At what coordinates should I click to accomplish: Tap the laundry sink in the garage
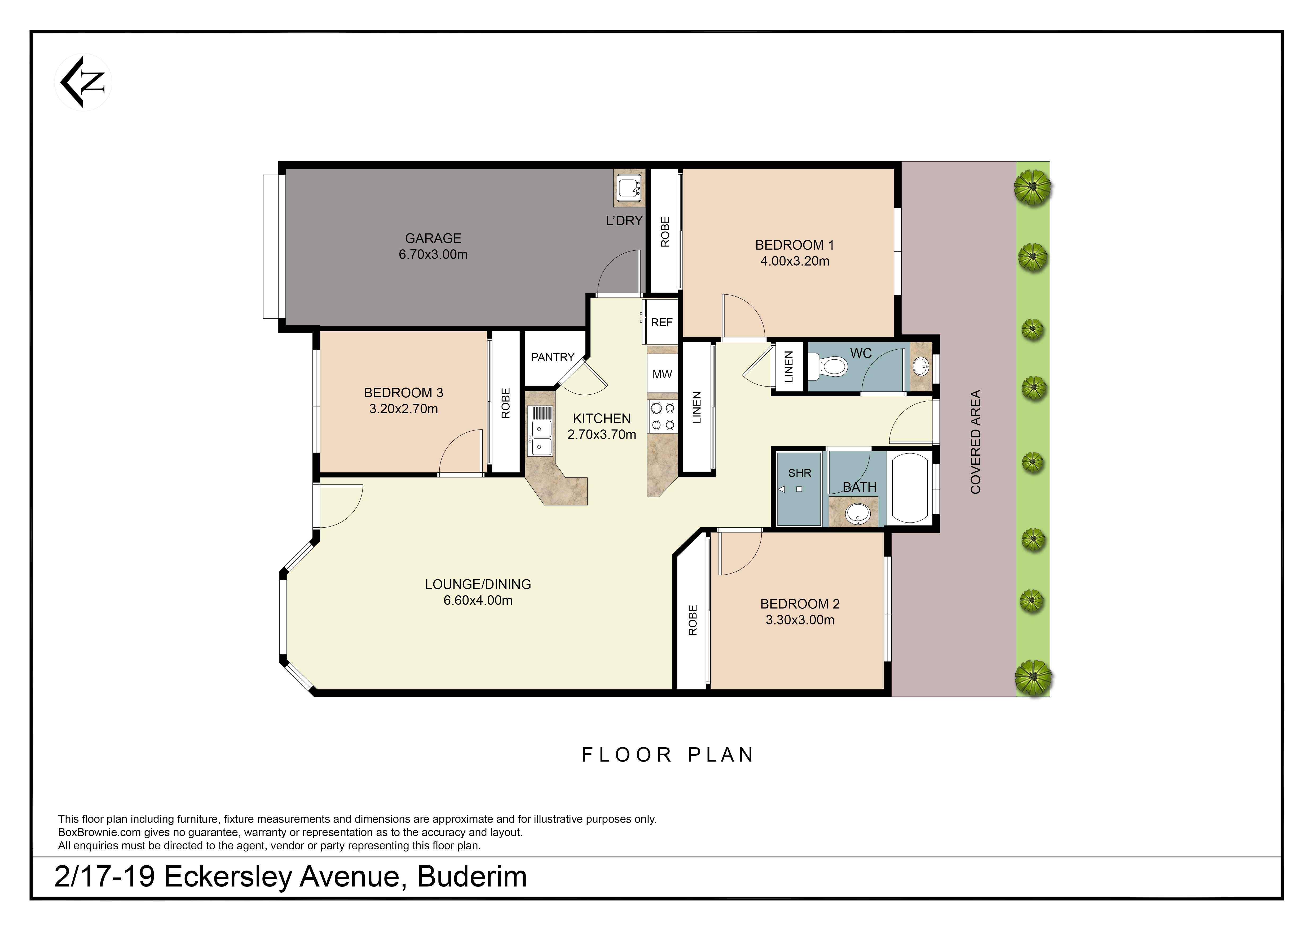pos(629,187)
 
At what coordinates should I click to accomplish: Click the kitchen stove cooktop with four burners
pos(662,416)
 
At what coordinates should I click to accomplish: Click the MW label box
pos(662,375)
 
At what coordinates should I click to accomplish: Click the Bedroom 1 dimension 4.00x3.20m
pos(794,261)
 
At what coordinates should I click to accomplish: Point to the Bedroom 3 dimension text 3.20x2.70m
pos(403,409)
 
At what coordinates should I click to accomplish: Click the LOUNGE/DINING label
pos(478,584)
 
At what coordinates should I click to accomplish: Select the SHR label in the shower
pos(800,473)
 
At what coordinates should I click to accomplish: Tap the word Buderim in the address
pos(471,877)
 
